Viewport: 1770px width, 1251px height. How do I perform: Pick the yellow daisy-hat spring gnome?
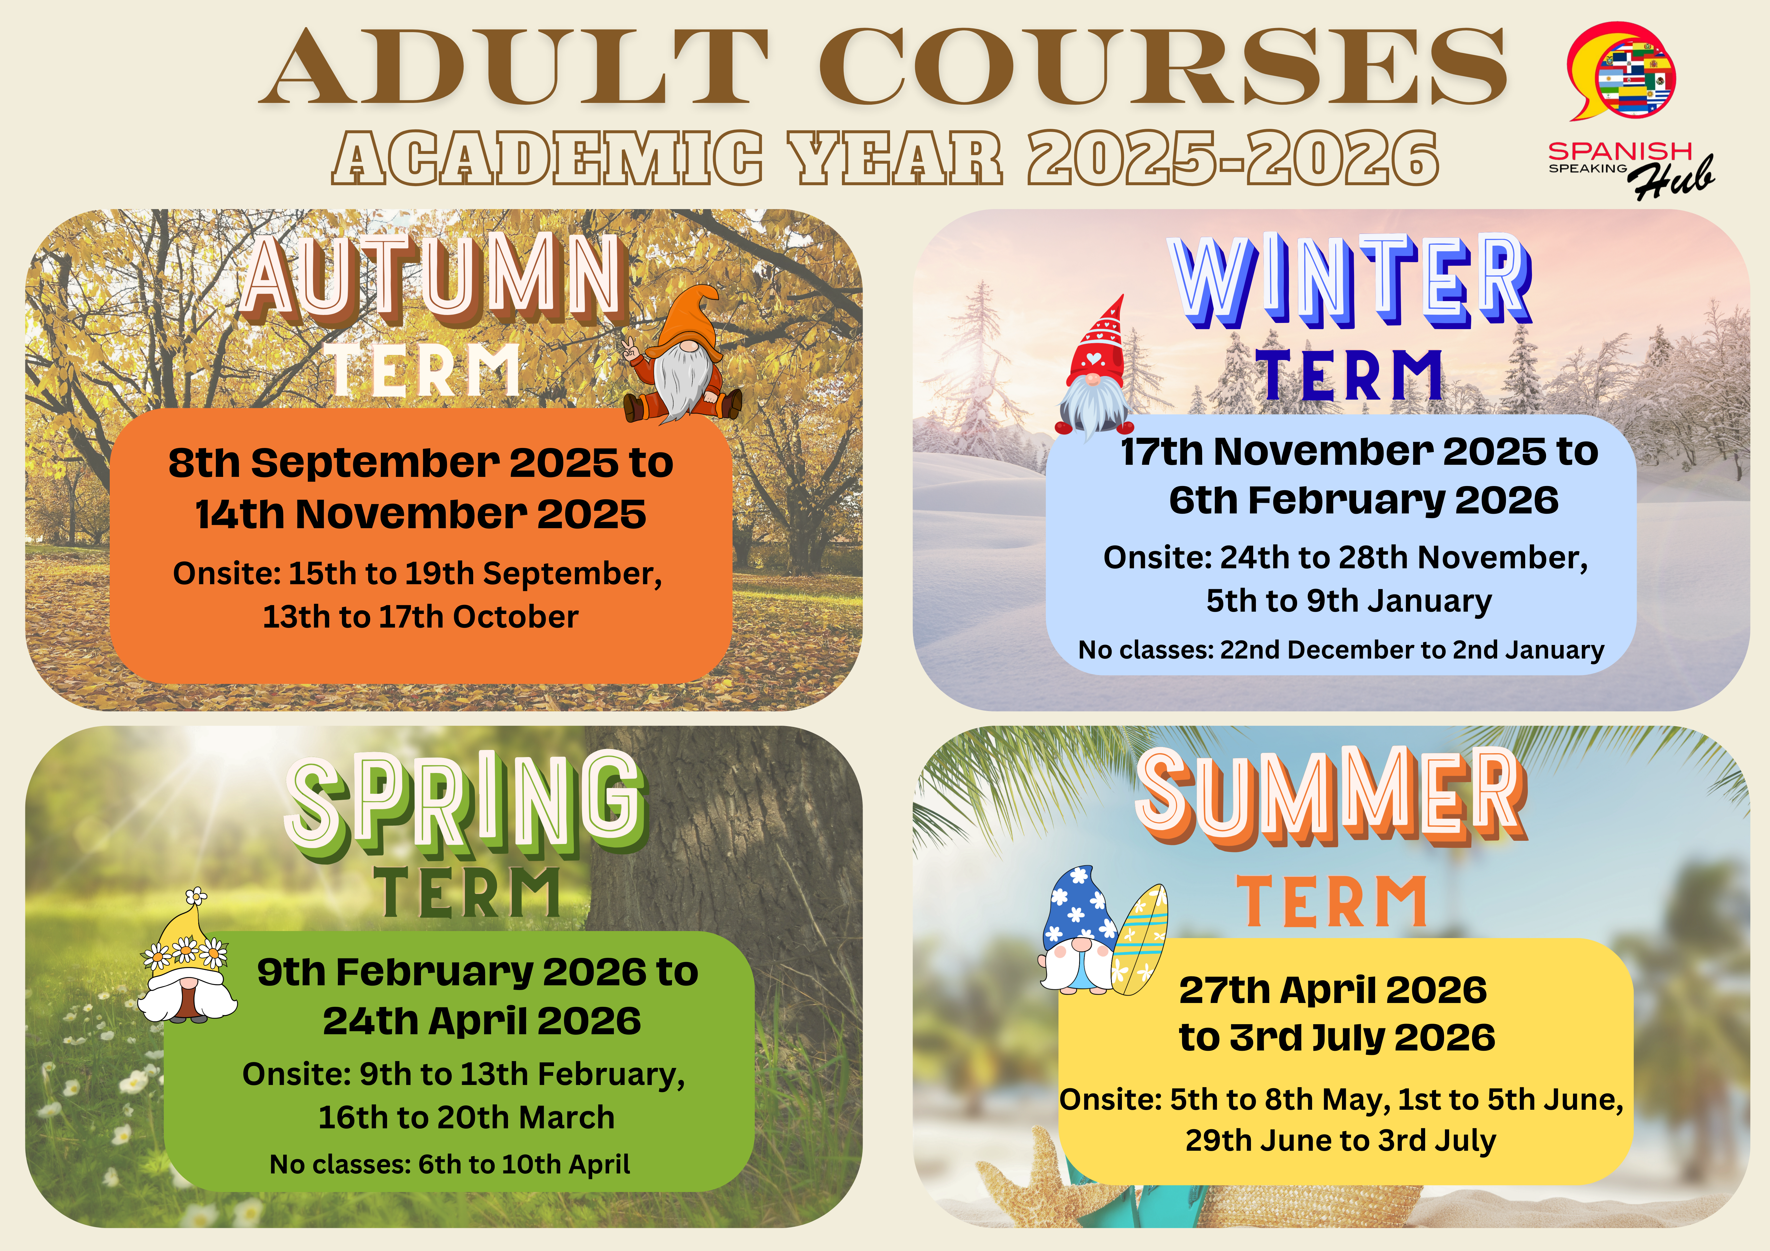click(x=186, y=958)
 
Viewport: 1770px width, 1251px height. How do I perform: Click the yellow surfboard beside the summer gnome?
click(x=1139, y=939)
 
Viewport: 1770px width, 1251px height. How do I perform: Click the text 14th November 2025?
click(x=421, y=514)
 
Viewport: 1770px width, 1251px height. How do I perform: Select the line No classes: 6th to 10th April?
click(x=450, y=1164)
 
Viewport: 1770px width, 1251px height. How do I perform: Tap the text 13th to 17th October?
click(x=421, y=617)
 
